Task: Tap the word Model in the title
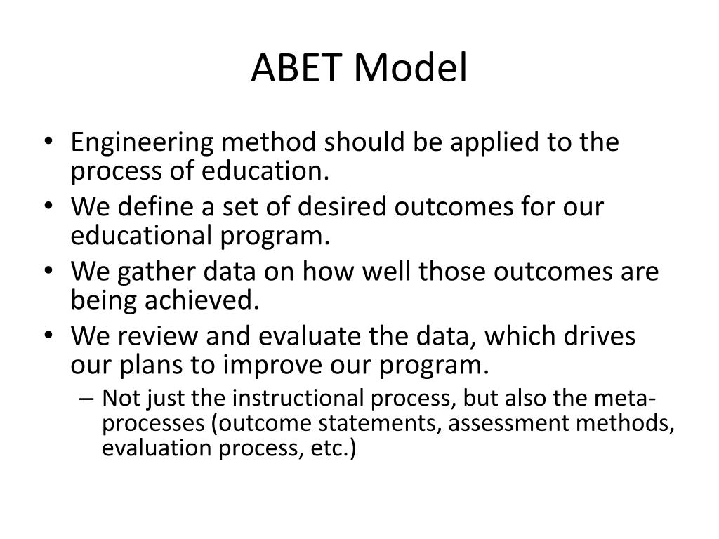pyautogui.click(x=411, y=69)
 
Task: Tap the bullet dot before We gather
pyautogui.click(x=55, y=272)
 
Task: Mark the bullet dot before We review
pyautogui.click(x=55, y=337)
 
